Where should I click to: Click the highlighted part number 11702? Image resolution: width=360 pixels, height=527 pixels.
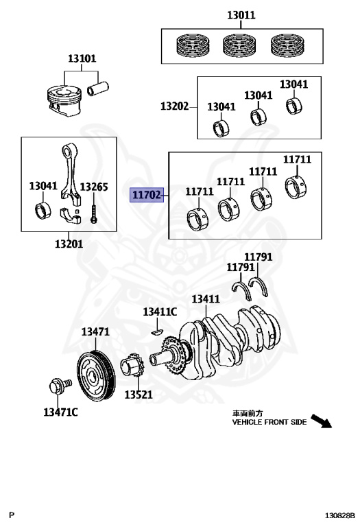coord(147,195)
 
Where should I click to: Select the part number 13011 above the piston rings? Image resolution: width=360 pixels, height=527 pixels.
coord(241,15)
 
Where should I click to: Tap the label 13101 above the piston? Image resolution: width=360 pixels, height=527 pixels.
coord(82,58)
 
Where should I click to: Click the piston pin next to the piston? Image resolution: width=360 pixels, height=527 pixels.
coord(98,89)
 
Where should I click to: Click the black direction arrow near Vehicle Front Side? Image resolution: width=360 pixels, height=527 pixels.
coord(321,421)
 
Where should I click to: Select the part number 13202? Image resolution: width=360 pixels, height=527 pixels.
coord(175,106)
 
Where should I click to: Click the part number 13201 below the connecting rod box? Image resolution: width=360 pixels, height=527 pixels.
coord(69,244)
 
